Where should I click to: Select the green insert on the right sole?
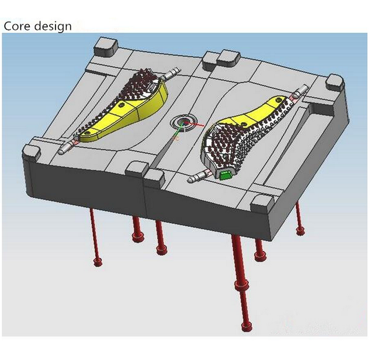pos(224,176)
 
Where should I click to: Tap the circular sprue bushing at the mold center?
pos(183,122)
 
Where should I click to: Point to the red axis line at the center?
pos(194,123)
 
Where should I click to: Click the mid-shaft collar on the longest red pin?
pos(241,284)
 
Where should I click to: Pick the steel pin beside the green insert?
pos(198,177)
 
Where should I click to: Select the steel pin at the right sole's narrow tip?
pos(299,91)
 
